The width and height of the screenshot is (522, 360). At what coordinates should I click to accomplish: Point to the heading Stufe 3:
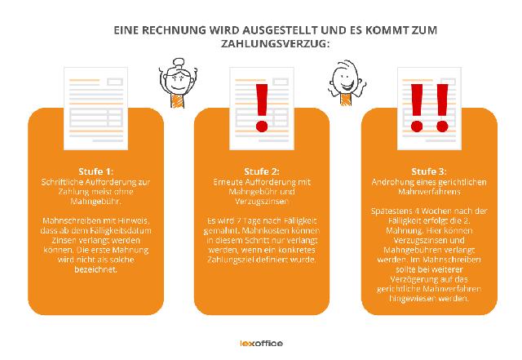(x=428, y=170)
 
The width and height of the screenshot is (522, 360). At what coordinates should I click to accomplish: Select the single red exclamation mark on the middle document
(x=261, y=110)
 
